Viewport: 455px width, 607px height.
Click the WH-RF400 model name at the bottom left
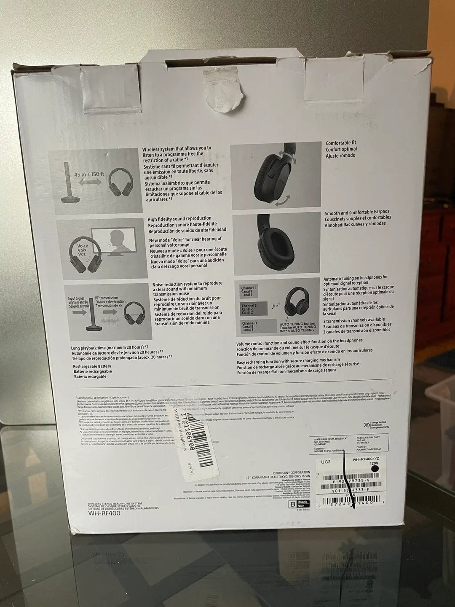[x=104, y=513]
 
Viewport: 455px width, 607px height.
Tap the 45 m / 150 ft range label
[x=89, y=174]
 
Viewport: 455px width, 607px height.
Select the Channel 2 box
[x=254, y=309]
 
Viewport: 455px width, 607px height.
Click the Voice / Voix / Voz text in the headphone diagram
[x=83, y=250]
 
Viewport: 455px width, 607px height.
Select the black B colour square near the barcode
[x=291, y=505]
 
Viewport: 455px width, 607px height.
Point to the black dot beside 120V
[x=374, y=469]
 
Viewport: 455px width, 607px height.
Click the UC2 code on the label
[x=326, y=462]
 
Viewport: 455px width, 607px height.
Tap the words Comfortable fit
[x=340, y=143]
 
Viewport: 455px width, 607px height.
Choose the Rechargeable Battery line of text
[x=92, y=366]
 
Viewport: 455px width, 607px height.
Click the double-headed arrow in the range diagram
[x=89, y=182]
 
